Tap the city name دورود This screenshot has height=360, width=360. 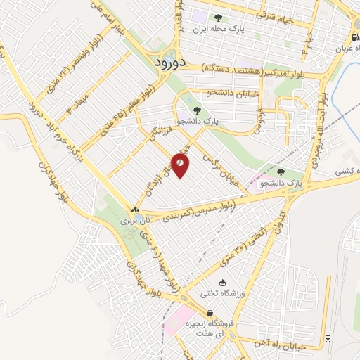tap(167, 62)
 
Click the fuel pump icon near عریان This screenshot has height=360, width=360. tap(354, 39)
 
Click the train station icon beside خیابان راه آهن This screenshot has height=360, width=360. tap(328, 339)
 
